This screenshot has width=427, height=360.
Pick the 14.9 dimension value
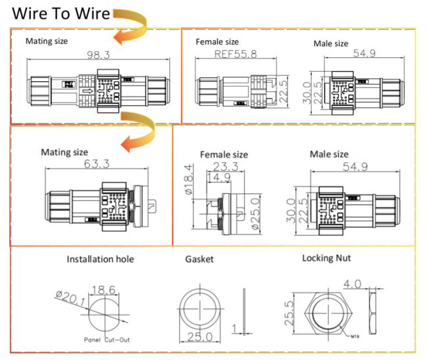(x=219, y=177)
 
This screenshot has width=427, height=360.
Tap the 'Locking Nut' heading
(x=326, y=258)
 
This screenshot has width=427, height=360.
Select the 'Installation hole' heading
(x=100, y=259)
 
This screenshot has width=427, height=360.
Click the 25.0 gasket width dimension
(x=202, y=336)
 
